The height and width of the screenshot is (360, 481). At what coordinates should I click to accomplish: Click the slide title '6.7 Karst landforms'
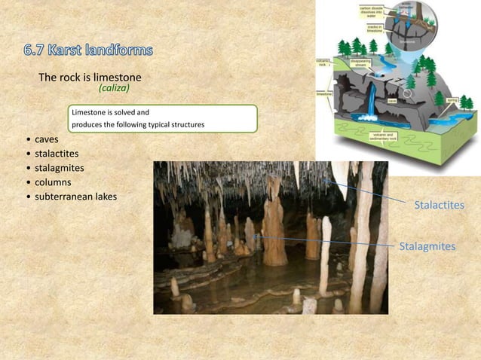click(87, 51)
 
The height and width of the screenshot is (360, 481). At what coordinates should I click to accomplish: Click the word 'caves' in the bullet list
click(47, 140)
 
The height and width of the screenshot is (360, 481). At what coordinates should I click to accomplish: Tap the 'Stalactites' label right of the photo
click(439, 205)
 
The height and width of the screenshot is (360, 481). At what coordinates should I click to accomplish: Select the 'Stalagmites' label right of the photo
click(427, 246)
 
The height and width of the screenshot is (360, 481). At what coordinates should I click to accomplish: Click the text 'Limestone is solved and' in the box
click(110, 112)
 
